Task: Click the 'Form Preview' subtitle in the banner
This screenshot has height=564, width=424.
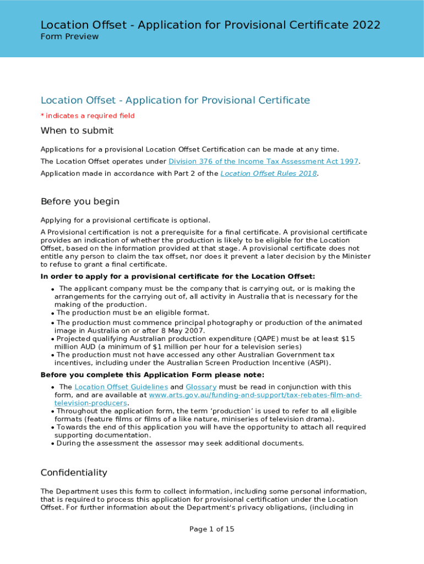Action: [x=69, y=36]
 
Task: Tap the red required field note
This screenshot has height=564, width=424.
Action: [x=88, y=116]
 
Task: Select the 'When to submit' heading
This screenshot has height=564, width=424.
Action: [x=77, y=131]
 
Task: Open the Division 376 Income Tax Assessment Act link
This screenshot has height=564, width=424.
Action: [x=263, y=161]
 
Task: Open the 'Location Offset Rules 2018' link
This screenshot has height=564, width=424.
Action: [x=269, y=173]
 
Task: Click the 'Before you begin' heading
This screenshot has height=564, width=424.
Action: [x=80, y=201]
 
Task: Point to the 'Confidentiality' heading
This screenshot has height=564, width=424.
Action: [x=74, y=473]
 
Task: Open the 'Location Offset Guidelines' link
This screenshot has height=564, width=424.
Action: [x=121, y=387]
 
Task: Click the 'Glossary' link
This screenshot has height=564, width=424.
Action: [x=201, y=387]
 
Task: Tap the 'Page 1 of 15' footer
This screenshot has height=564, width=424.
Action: [x=212, y=529]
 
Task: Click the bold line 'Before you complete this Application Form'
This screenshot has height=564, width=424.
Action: [x=152, y=375]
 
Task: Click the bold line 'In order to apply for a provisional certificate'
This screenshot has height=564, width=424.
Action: [x=177, y=276]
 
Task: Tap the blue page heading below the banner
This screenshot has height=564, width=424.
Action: [x=175, y=100]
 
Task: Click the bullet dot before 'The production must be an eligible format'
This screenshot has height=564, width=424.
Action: [x=53, y=313]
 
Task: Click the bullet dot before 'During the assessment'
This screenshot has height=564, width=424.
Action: [x=53, y=444]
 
